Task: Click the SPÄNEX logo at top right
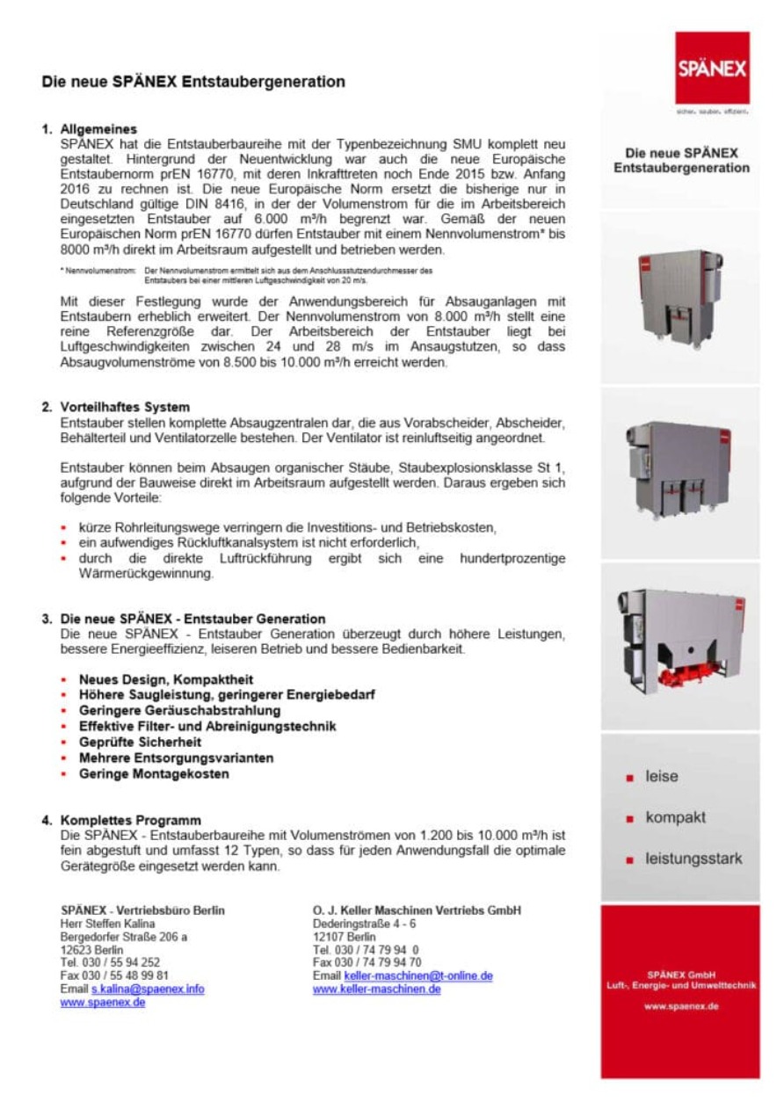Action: click(x=712, y=69)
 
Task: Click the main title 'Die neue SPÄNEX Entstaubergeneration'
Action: click(x=193, y=82)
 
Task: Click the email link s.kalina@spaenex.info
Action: click(x=148, y=989)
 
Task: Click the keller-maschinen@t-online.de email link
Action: click(x=417, y=975)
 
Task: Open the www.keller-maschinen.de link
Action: click(x=376, y=989)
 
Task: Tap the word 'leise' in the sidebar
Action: click(x=661, y=777)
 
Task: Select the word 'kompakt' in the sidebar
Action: click(x=675, y=817)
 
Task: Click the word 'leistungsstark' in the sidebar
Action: click(x=693, y=859)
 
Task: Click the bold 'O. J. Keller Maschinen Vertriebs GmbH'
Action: click(x=417, y=910)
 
